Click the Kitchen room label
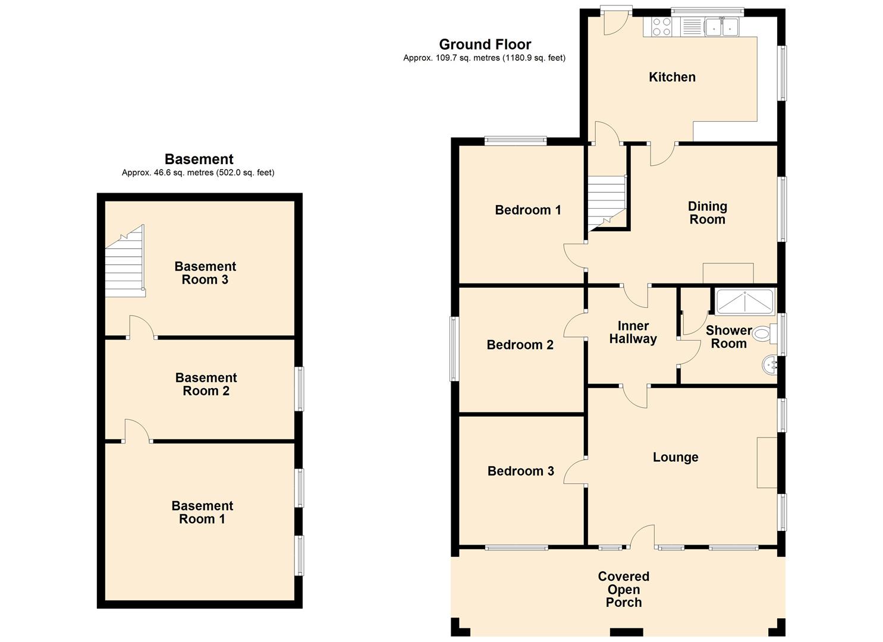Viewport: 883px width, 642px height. click(x=672, y=77)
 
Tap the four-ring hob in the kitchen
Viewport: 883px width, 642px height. click(x=661, y=27)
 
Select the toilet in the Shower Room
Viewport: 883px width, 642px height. click(x=764, y=334)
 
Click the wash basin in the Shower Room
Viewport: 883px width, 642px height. click(x=769, y=366)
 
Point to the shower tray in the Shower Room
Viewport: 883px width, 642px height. click(x=745, y=302)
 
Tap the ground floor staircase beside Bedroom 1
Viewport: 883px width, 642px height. click(x=607, y=203)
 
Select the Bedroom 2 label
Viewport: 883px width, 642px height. click(x=520, y=345)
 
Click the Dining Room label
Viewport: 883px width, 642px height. click(x=707, y=213)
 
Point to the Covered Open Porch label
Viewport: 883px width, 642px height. click(x=624, y=589)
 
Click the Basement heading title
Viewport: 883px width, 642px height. click(x=199, y=159)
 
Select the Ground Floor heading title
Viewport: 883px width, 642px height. click(x=485, y=44)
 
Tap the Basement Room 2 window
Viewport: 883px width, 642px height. click(x=300, y=389)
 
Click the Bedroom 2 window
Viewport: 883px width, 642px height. click(x=454, y=349)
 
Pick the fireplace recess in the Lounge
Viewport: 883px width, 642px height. click(x=766, y=462)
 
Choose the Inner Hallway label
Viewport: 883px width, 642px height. click(x=633, y=333)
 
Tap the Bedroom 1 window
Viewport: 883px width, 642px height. click(x=516, y=141)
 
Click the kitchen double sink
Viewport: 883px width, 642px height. click(x=722, y=27)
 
